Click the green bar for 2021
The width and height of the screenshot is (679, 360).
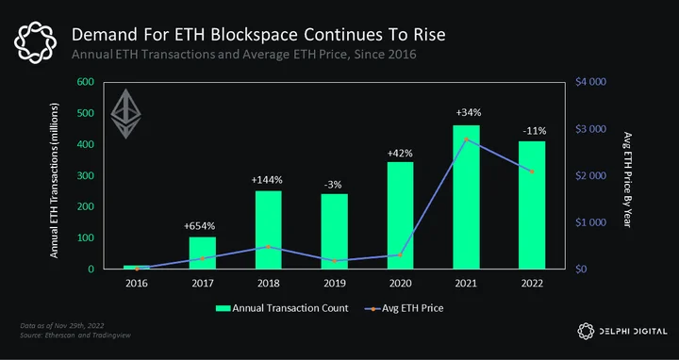click(466, 197)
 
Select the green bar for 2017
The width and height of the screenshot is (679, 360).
click(202, 253)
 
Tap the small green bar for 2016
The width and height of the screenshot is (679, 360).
click(137, 267)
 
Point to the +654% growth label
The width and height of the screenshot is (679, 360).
click(199, 226)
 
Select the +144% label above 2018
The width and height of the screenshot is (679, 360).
click(267, 180)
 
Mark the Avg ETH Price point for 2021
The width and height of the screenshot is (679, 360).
click(467, 139)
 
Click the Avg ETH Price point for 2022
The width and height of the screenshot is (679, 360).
click(532, 172)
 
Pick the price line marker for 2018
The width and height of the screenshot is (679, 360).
click(268, 247)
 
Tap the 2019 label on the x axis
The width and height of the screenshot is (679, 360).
click(334, 284)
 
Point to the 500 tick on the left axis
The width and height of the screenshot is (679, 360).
click(85, 113)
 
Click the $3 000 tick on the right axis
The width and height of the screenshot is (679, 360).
click(590, 129)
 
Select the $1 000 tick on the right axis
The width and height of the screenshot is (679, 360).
click(590, 222)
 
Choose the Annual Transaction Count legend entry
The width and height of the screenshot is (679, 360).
click(282, 308)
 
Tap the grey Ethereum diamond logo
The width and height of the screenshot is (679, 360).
click(126, 114)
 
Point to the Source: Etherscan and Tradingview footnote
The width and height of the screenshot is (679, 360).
click(75, 335)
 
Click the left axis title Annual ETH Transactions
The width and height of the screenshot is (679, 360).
click(54, 180)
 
